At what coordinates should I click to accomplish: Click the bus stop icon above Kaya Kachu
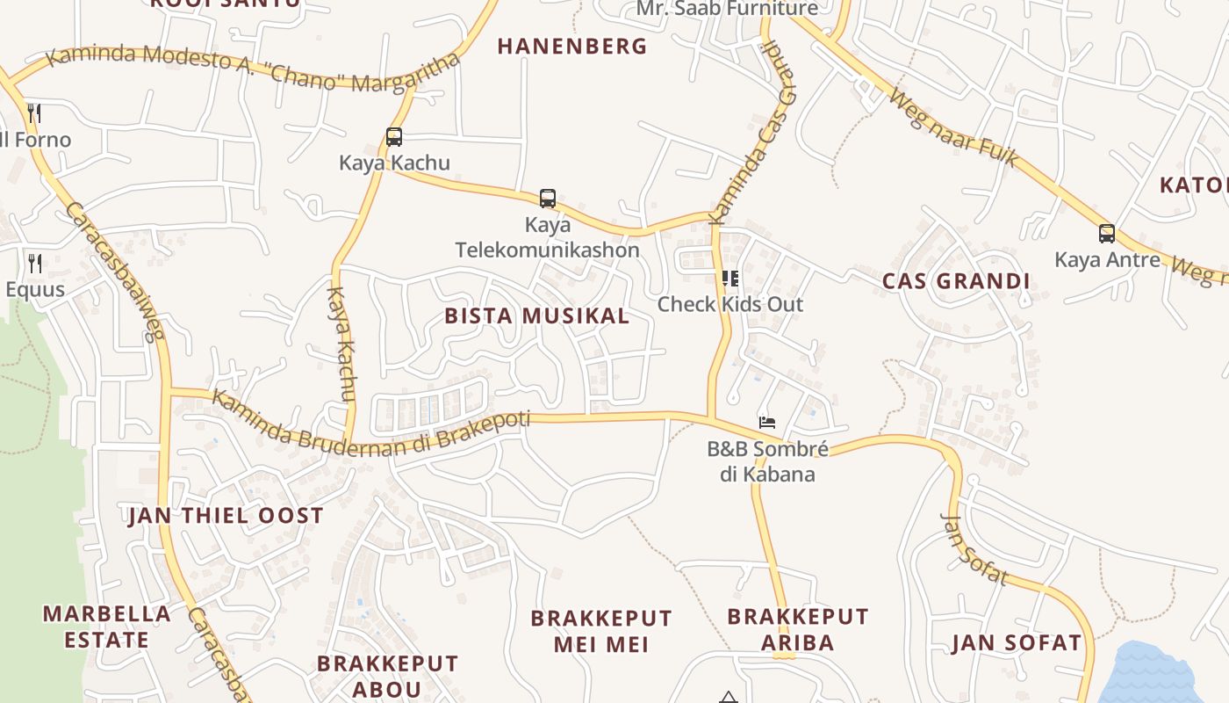(x=394, y=137)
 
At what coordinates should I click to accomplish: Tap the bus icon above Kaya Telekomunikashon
(x=548, y=199)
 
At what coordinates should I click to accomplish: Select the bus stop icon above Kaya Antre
(x=1107, y=234)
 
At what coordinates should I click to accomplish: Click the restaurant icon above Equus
(x=35, y=263)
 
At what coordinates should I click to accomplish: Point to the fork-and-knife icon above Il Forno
(x=34, y=112)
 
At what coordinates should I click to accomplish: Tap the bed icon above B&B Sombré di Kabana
(x=767, y=423)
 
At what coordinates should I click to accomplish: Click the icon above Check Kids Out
(x=729, y=279)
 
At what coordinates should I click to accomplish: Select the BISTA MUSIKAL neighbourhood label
(x=537, y=316)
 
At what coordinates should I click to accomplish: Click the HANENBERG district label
(x=571, y=47)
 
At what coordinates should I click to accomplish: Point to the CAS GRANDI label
(x=955, y=282)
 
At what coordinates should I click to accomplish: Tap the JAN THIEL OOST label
(x=226, y=516)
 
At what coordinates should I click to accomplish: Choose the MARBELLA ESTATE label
(x=107, y=627)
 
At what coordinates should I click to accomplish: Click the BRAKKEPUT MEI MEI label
(x=601, y=631)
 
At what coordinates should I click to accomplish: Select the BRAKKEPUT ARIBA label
(x=798, y=629)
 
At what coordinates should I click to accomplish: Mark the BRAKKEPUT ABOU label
(x=387, y=676)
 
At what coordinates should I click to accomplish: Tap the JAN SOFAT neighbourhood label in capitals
(x=1017, y=643)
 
